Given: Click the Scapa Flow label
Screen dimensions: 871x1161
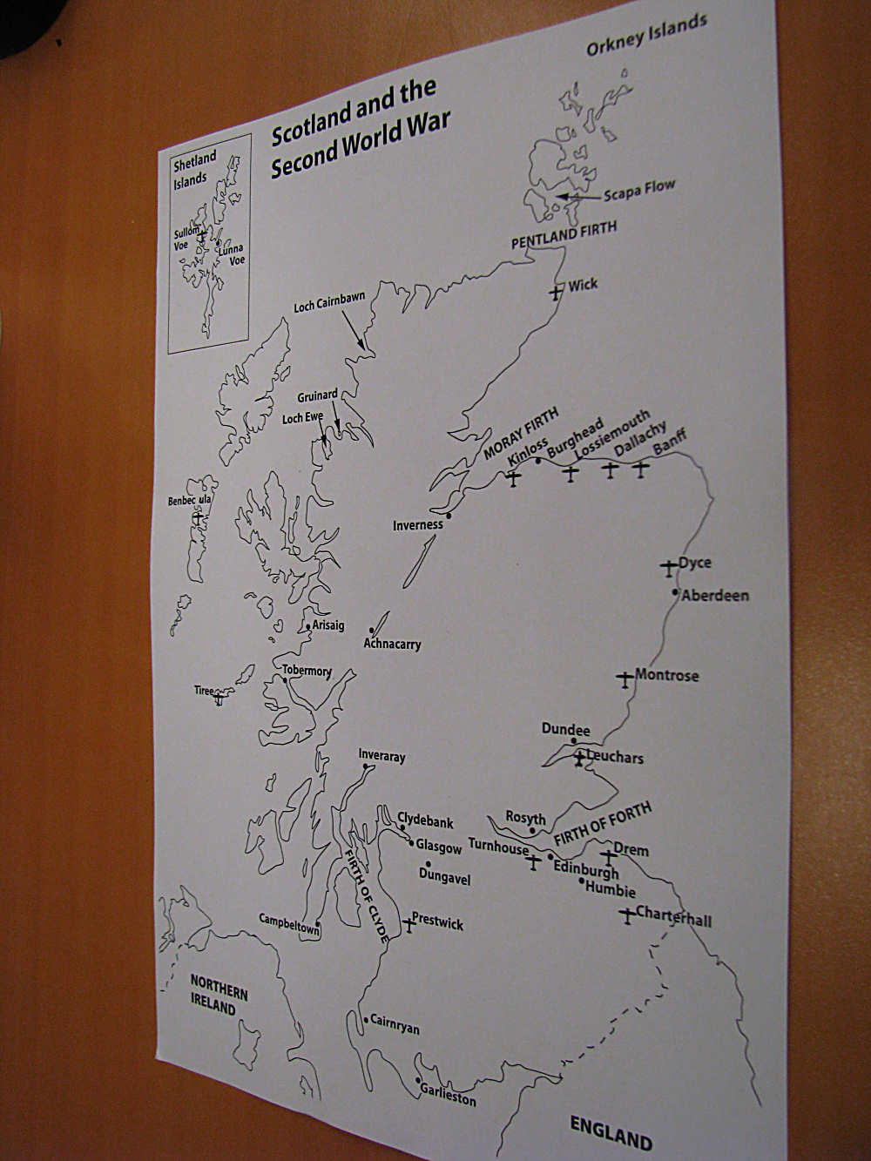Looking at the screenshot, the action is pyautogui.click(x=639, y=191).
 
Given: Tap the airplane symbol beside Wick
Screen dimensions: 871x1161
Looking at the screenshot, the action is pyautogui.click(x=556, y=292).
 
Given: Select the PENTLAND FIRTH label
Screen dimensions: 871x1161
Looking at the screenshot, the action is pyautogui.click(x=564, y=234).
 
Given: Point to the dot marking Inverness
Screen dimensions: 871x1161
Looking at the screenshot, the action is pyautogui.click(x=449, y=515).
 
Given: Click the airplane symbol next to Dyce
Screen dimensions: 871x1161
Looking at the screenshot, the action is pyautogui.click(x=668, y=567).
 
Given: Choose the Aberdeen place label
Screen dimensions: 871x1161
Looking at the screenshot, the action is pyautogui.click(x=715, y=596).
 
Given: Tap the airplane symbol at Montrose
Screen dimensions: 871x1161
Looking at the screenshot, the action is pyautogui.click(x=625, y=678).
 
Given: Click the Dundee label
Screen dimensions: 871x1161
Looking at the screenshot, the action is pyautogui.click(x=565, y=729).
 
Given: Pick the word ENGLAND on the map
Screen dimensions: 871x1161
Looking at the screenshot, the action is pyautogui.click(x=611, y=1132).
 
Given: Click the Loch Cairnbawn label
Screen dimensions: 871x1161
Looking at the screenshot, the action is pyautogui.click(x=329, y=302).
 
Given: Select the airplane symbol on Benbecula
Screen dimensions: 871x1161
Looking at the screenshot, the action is pyautogui.click(x=199, y=517).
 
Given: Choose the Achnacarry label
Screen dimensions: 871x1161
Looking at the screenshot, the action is pyautogui.click(x=392, y=645).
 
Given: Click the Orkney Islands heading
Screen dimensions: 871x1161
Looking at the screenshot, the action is pyautogui.click(x=646, y=35).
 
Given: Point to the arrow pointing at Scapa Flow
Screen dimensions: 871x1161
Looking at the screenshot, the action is pyautogui.click(x=580, y=197).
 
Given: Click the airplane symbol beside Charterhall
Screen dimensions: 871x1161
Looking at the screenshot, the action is pyautogui.click(x=627, y=915).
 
